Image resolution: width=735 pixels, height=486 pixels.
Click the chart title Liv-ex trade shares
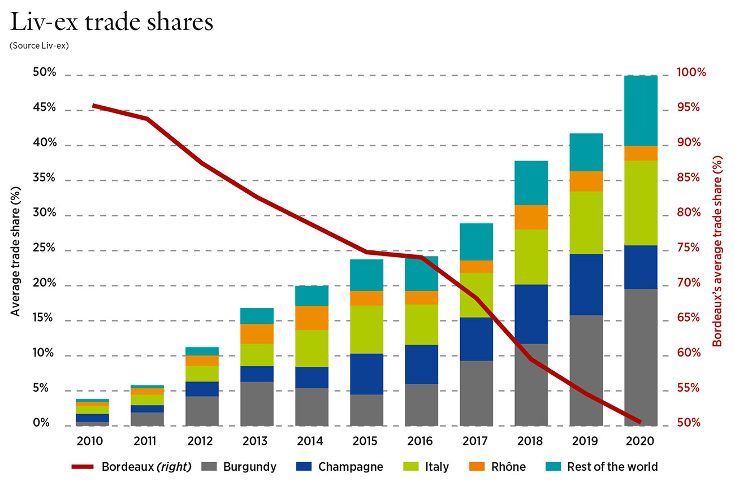coord(111,22)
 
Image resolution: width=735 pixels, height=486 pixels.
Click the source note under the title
coord(39,46)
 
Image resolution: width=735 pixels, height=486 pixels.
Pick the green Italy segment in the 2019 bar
coord(586,223)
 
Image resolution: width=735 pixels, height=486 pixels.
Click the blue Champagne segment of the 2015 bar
coord(366,374)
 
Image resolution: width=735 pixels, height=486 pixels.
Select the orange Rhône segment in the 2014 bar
coord(312,318)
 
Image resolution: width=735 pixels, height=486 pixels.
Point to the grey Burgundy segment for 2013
coord(257,403)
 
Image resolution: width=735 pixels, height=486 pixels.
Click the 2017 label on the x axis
coord(475,441)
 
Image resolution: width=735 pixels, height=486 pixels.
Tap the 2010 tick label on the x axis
coord(92,441)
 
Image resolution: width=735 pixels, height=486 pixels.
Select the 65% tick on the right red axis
coord(688,318)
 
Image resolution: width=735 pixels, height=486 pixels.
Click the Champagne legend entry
coord(340,467)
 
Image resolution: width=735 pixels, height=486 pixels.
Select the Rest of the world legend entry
coord(601,467)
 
